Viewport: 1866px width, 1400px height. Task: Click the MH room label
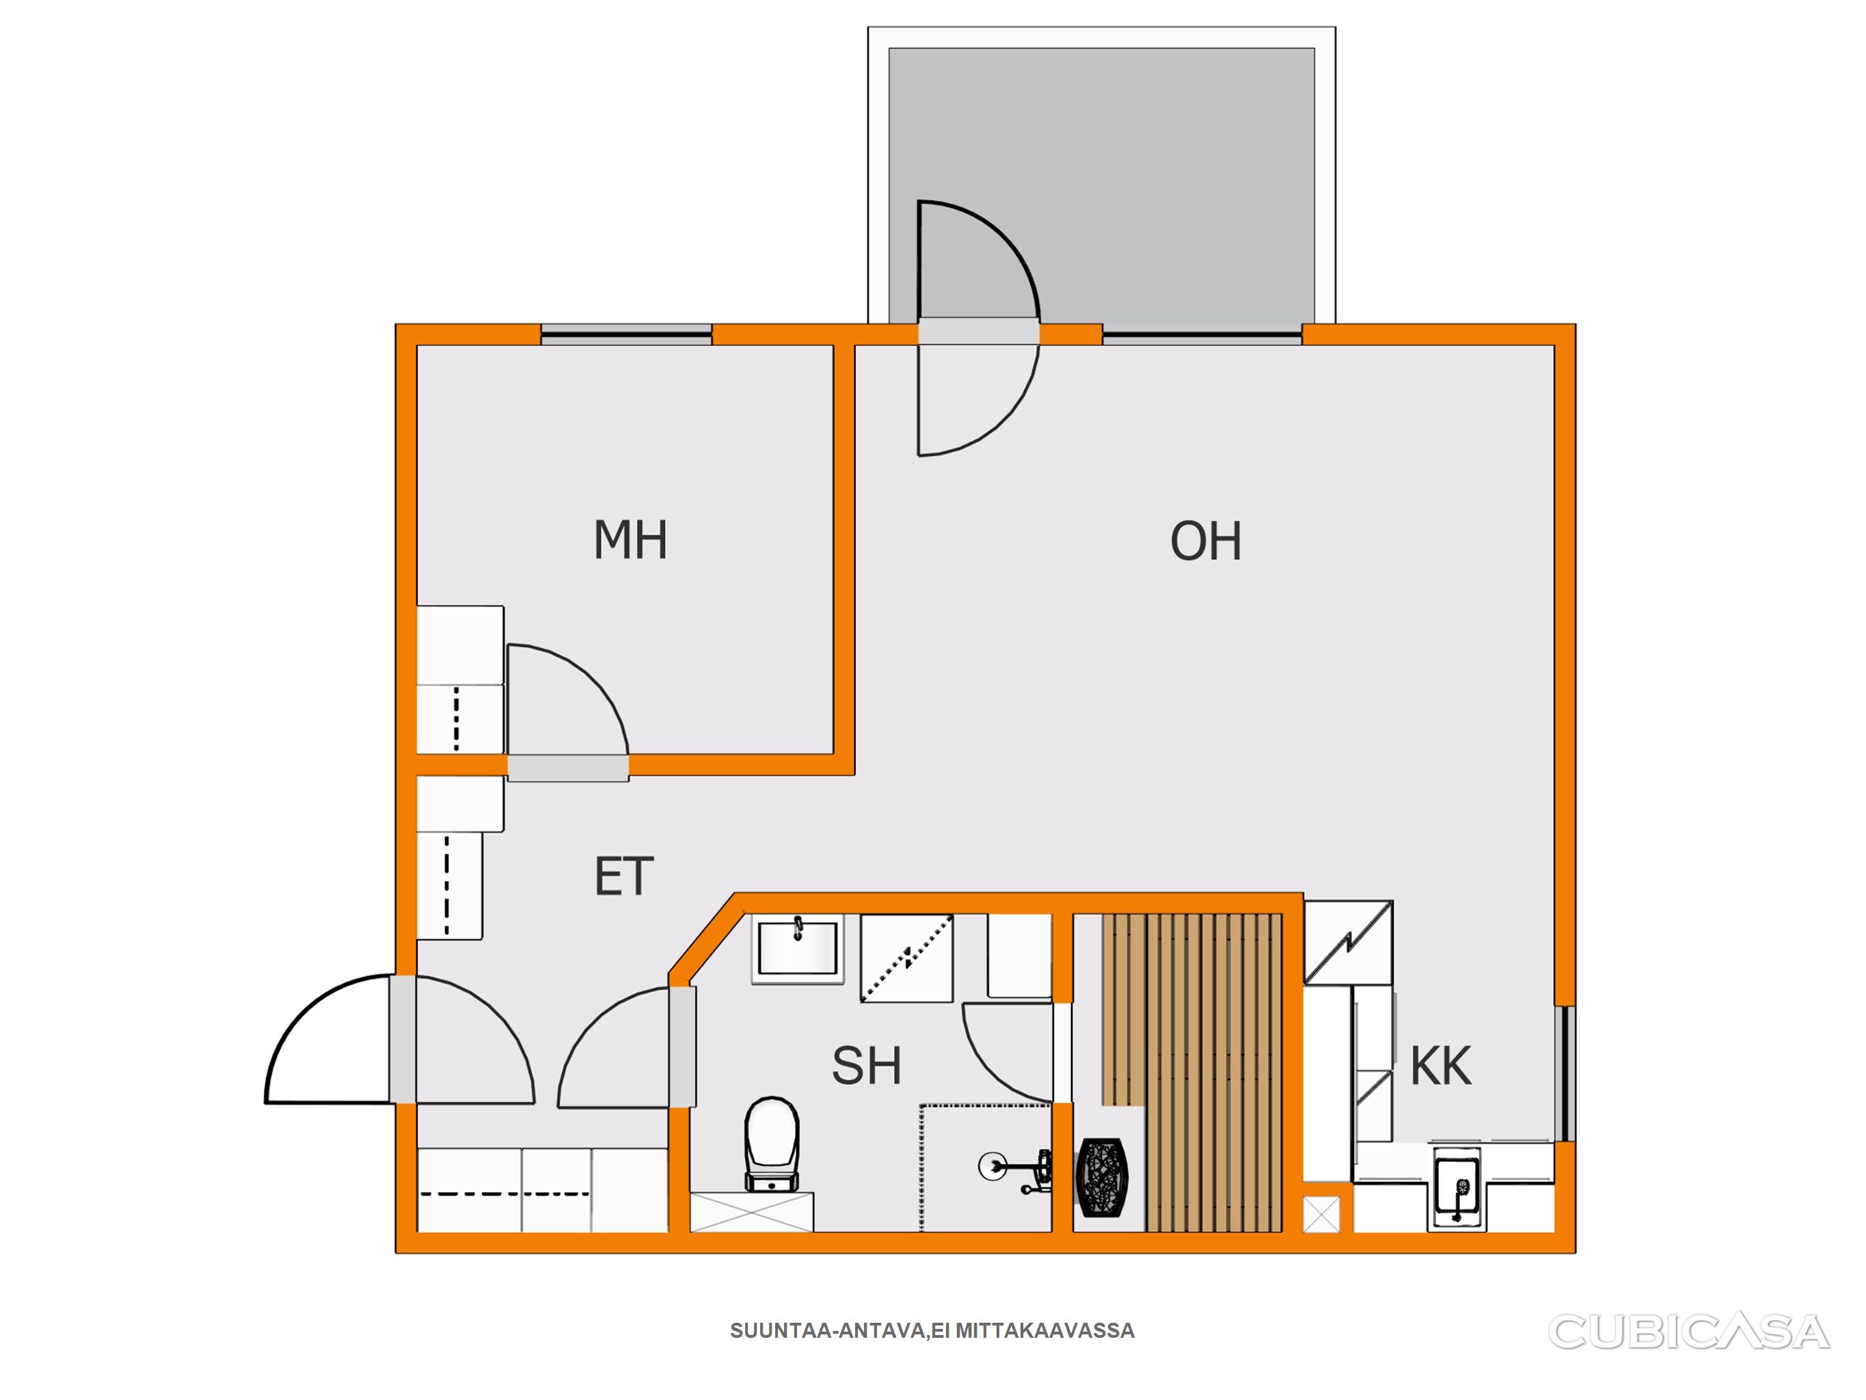pyautogui.click(x=630, y=540)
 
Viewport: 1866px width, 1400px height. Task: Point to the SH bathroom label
pyautogui.click(x=867, y=1066)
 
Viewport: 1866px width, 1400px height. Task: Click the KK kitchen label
pyautogui.click(x=1441, y=1066)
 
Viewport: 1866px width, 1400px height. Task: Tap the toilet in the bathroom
pyautogui.click(x=771, y=1144)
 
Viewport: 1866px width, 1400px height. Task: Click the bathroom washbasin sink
pyautogui.click(x=797, y=950)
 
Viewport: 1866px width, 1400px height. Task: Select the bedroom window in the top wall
pyautogui.click(x=626, y=335)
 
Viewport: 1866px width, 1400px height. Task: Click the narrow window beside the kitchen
pyautogui.click(x=1565, y=1073)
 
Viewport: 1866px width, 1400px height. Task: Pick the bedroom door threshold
pyautogui.click(x=568, y=767)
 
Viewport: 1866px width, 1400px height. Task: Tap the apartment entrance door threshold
pyautogui.click(x=403, y=1039)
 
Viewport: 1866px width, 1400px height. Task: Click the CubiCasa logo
pyautogui.click(x=1689, y=1332)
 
